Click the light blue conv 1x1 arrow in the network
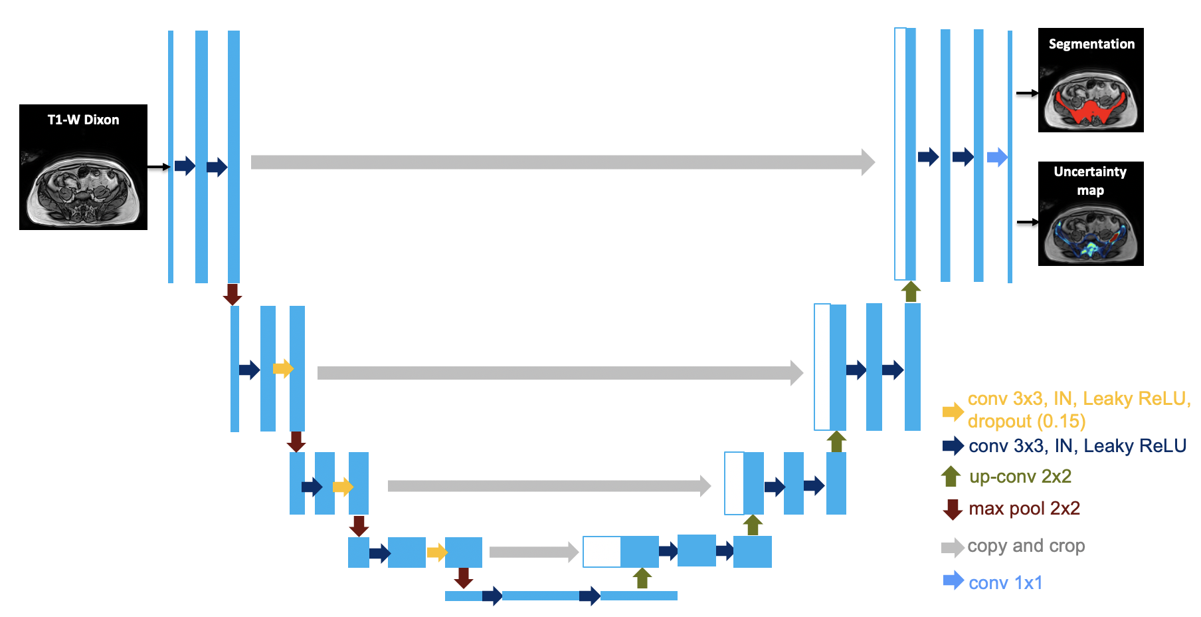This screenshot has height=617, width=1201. [x=997, y=158]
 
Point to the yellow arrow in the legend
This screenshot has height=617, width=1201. [x=953, y=412]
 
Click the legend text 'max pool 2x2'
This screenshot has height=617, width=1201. [x=1024, y=509]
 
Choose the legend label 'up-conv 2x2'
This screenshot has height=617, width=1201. [x=1020, y=477]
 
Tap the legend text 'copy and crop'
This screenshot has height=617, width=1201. [x=1026, y=546]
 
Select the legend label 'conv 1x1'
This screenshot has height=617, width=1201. [x=1006, y=583]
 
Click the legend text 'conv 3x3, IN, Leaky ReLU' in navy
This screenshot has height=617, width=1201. [x=1077, y=446]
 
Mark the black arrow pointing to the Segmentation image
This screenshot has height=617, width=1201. [x=1027, y=93]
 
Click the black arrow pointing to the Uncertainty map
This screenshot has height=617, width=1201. [x=1027, y=222]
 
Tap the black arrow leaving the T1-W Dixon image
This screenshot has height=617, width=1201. [x=158, y=167]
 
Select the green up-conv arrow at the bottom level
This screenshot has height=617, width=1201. [x=642, y=578]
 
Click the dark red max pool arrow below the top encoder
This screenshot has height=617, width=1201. [x=232, y=294]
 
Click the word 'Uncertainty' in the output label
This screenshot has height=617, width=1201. [x=1090, y=172]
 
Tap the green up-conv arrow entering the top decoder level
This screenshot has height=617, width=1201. [x=911, y=291]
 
